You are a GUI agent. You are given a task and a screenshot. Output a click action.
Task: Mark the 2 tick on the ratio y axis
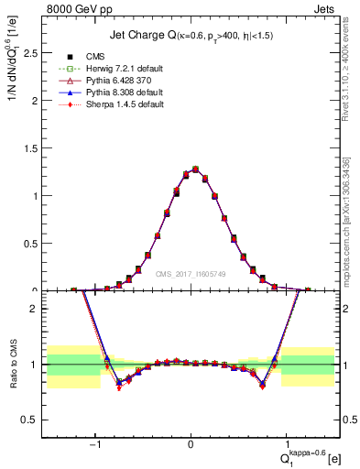(x=37, y=309)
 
